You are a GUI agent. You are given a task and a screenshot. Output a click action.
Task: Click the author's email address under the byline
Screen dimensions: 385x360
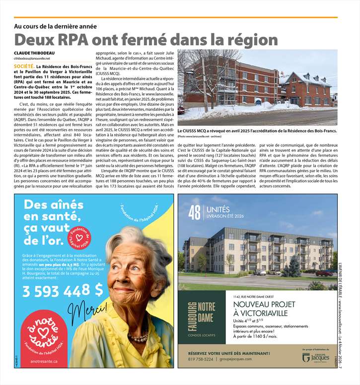pos(32,59)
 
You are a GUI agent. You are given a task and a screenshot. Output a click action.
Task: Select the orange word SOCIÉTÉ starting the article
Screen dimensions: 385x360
pos(24,65)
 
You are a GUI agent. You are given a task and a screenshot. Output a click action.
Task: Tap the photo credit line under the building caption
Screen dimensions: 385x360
pos(200,136)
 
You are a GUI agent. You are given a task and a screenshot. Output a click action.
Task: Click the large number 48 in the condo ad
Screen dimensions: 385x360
pos(195,213)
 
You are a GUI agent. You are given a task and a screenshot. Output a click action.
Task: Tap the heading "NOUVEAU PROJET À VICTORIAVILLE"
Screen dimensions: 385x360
pos(267,309)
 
